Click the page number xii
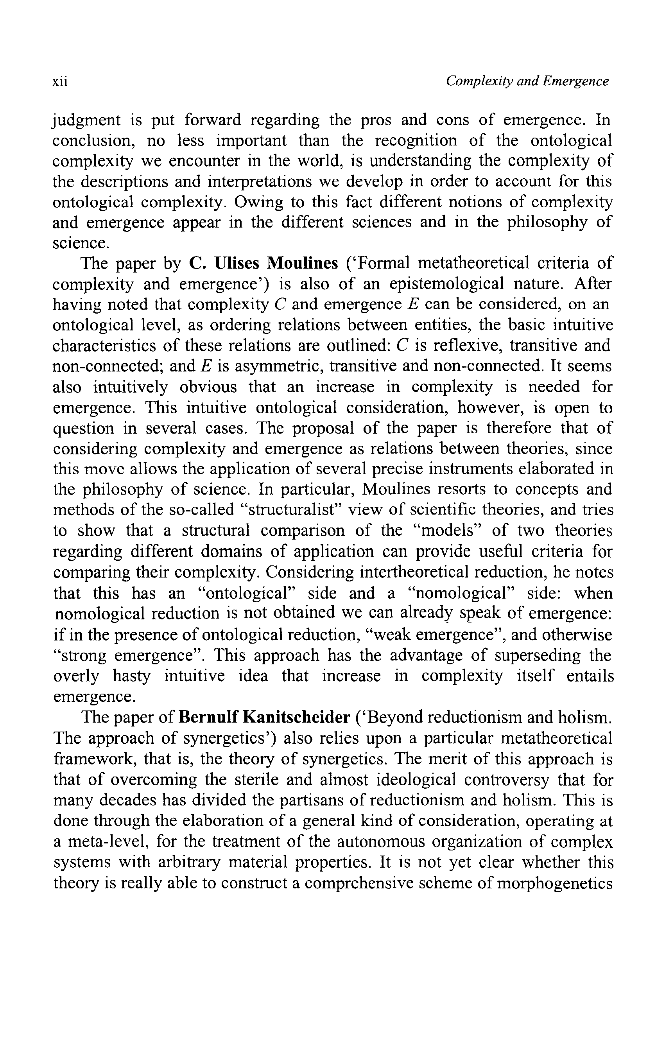(x=60, y=82)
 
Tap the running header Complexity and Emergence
(x=527, y=81)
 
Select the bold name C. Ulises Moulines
(x=263, y=263)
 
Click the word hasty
(x=132, y=676)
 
